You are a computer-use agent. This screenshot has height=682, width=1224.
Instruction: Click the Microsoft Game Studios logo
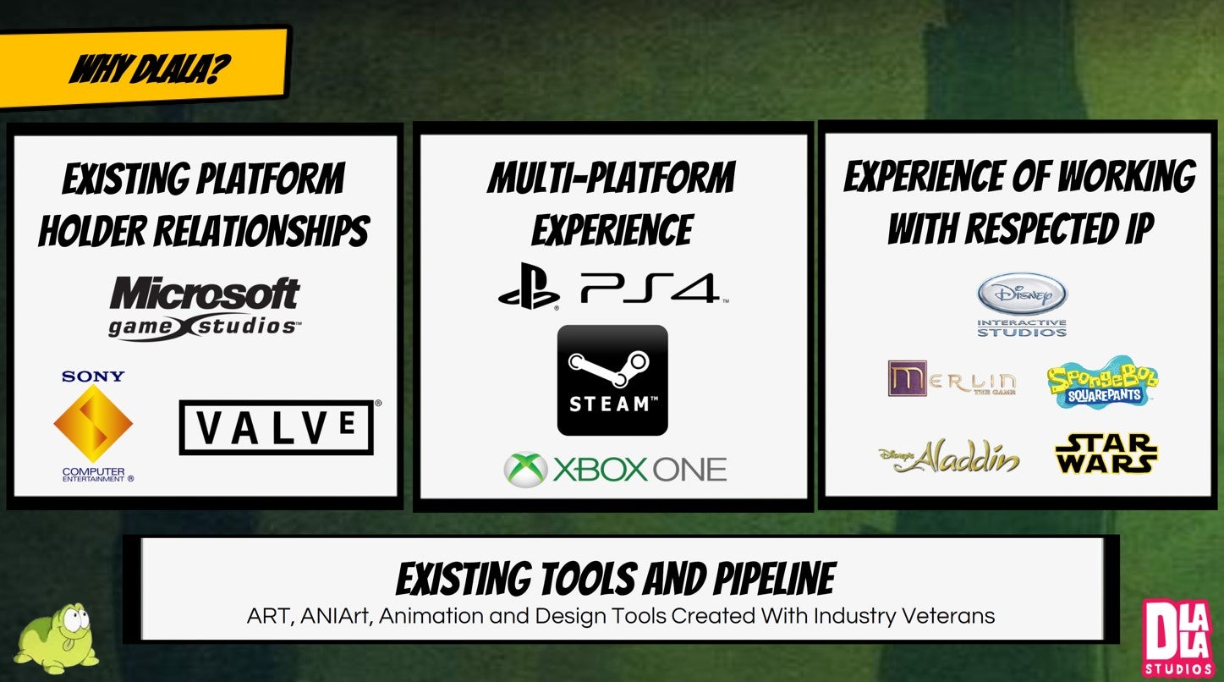tap(205, 309)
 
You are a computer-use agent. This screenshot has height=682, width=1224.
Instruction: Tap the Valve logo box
tap(277, 427)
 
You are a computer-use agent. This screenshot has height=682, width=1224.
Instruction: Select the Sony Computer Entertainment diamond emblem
tap(93, 423)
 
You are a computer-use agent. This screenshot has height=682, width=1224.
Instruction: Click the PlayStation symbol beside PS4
tap(529, 286)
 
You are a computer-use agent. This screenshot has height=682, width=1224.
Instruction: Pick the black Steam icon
tap(612, 381)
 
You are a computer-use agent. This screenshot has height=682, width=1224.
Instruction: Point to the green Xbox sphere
tap(525, 470)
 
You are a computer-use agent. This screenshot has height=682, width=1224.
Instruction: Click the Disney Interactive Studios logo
tap(1022, 305)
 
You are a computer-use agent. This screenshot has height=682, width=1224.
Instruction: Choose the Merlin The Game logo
tap(952, 378)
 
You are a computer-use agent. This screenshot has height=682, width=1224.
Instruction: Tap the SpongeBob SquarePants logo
tap(1103, 382)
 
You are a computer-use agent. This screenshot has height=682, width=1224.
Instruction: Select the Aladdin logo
tap(949, 456)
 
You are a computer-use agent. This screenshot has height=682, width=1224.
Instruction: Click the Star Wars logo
tap(1106, 453)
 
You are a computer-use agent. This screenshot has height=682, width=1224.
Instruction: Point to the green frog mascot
tap(56, 638)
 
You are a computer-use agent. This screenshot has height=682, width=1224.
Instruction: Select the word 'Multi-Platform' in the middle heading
tap(612, 178)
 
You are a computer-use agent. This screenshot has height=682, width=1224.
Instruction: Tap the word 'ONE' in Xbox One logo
tap(689, 470)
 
